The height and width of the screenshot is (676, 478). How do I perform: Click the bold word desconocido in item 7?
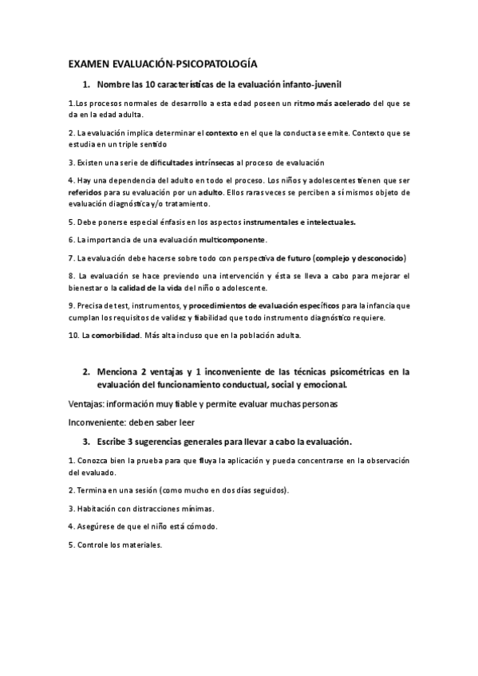(x=378, y=258)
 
